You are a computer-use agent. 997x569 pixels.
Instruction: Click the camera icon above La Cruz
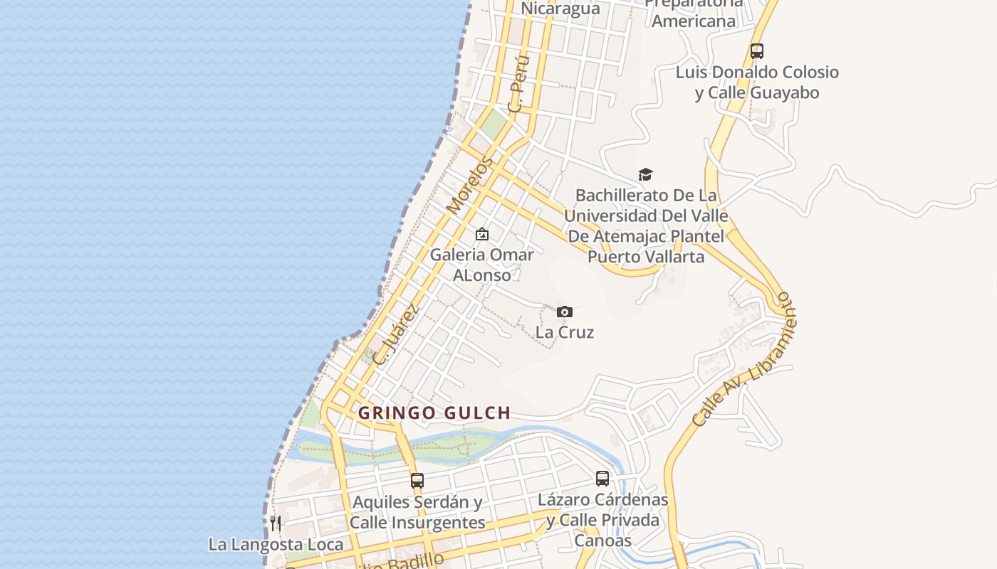click(x=565, y=312)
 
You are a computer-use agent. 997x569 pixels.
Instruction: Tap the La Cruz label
click(x=565, y=332)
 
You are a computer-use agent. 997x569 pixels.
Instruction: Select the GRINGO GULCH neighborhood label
click(x=434, y=413)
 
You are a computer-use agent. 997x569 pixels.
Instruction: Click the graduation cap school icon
click(x=645, y=174)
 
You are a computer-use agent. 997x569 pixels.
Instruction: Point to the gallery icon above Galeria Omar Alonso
click(x=482, y=234)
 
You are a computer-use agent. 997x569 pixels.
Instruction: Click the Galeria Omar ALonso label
click(x=482, y=265)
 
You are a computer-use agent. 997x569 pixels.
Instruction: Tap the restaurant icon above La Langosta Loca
click(x=276, y=524)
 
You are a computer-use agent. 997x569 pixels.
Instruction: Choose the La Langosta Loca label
click(x=276, y=545)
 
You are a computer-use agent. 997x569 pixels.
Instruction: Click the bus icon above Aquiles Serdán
click(x=417, y=481)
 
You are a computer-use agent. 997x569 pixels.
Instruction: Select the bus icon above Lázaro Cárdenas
click(x=602, y=479)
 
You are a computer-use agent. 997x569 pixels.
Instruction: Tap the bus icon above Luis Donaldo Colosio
click(x=757, y=51)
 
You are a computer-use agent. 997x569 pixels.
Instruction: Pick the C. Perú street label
click(x=519, y=83)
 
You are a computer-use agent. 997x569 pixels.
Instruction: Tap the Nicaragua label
click(x=560, y=9)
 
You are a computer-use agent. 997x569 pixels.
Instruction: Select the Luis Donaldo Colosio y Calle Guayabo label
click(x=757, y=83)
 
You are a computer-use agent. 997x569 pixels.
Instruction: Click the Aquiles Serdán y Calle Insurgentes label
click(x=417, y=512)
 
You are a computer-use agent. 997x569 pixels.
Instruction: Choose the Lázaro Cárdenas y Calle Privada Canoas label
click(x=602, y=520)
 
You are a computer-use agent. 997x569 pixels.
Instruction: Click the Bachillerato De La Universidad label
click(x=647, y=225)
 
